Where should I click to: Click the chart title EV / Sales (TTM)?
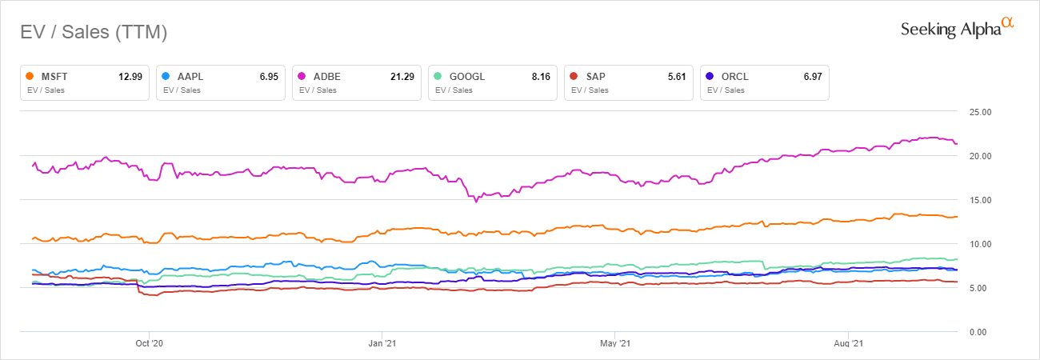click(x=93, y=33)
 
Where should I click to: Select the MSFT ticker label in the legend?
click(x=54, y=77)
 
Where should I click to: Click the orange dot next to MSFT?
click(x=30, y=77)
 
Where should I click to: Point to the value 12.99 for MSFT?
click(x=130, y=77)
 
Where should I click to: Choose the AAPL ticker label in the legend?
click(x=190, y=77)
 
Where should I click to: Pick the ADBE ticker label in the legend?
click(x=326, y=77)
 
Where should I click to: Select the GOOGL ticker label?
click(x=466, y=77)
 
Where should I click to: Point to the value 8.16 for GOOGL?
click(x=541, y=77)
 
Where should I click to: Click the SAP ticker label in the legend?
click(x=596, y=77)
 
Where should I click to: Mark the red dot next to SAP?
click(x=574, y=77)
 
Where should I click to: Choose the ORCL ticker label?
click(x=733, y=77)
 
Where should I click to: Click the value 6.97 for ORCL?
click(x=813, y=77)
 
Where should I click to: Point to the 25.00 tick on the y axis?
click(x=980, y=111)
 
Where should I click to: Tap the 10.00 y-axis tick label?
click(x=980, y=243)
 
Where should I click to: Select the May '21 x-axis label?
click(x=614, y=344)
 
